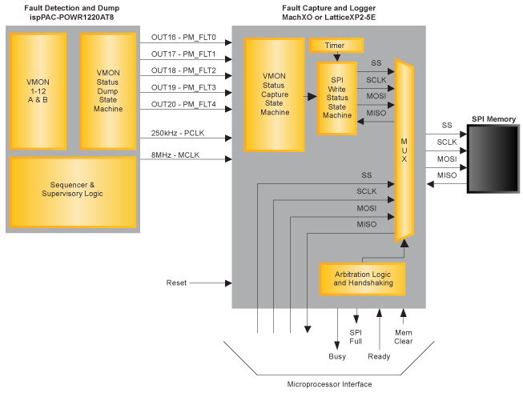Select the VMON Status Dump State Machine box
click(108, 90)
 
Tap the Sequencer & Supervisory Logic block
click(71, 189)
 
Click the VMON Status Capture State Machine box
click(275, 94)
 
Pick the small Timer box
click(335, 46)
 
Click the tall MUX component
click(404, 152)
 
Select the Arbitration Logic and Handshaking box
click(362, 279)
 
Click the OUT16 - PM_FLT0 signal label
click(183, 37)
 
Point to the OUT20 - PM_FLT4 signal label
click(183, 105)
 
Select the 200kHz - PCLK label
click(178, 133)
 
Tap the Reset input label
click(176, 283)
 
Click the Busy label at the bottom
click(337, 357)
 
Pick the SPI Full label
click(356, 336)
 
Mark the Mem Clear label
click(404, 336)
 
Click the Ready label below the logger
click(379, 357)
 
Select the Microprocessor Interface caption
click(328, 384)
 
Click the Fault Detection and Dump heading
click(71, 9)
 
